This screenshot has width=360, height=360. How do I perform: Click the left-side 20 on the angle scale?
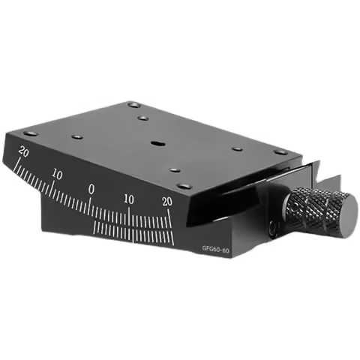click(x=25, y=151)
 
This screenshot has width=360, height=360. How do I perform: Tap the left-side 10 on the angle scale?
click(x=57, y=174)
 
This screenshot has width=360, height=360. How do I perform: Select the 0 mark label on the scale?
click(x=91, y=190)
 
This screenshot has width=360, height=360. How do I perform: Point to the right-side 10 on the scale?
click(x=129, y=199)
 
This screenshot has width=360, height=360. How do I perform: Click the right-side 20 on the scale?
click(x=166, y=200)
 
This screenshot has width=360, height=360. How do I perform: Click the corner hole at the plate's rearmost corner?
click(x=133, y=104)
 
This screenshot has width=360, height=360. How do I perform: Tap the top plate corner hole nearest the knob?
click(x=280, y=151)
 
